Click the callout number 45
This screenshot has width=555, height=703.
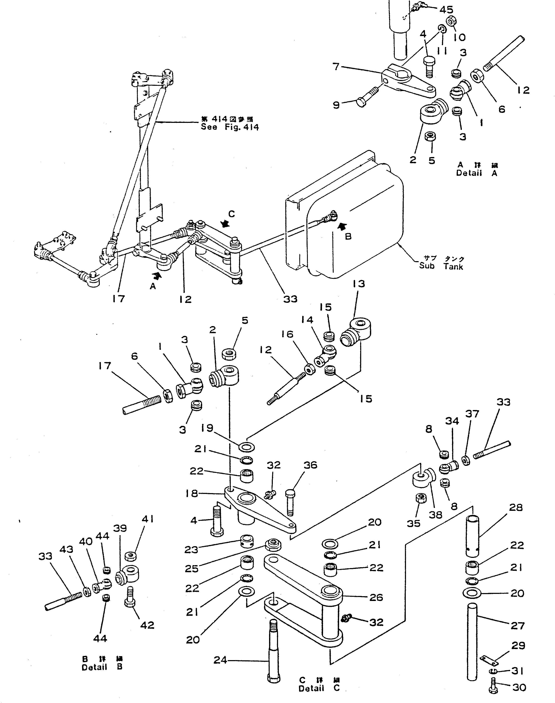446,10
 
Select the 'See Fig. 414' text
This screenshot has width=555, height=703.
230,127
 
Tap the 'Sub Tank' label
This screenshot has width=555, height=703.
441,266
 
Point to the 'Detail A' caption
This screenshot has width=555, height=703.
476,173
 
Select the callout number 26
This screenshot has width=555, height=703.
376,597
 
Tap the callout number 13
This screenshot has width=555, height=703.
358,284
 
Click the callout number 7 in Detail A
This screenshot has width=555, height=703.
336,67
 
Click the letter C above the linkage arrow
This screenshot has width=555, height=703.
231,214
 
